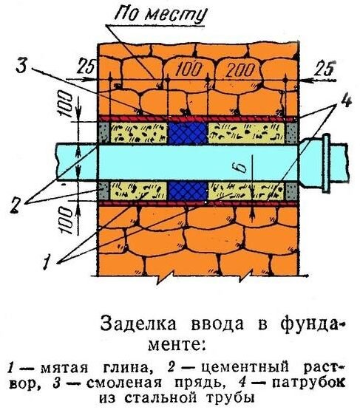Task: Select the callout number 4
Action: point(346,100)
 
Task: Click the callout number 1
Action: point(47,262)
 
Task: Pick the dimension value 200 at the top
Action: point(240,70)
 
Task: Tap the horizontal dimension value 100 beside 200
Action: point(189,70)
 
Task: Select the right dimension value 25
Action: point(325,68)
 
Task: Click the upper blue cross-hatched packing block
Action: point(187,133)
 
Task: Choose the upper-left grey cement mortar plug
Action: point(104,133)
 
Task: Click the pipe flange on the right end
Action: point(326,163)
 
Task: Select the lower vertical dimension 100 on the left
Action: point(66,219)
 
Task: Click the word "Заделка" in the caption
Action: point(139,324)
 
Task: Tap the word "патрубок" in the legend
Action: point(309,383)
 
